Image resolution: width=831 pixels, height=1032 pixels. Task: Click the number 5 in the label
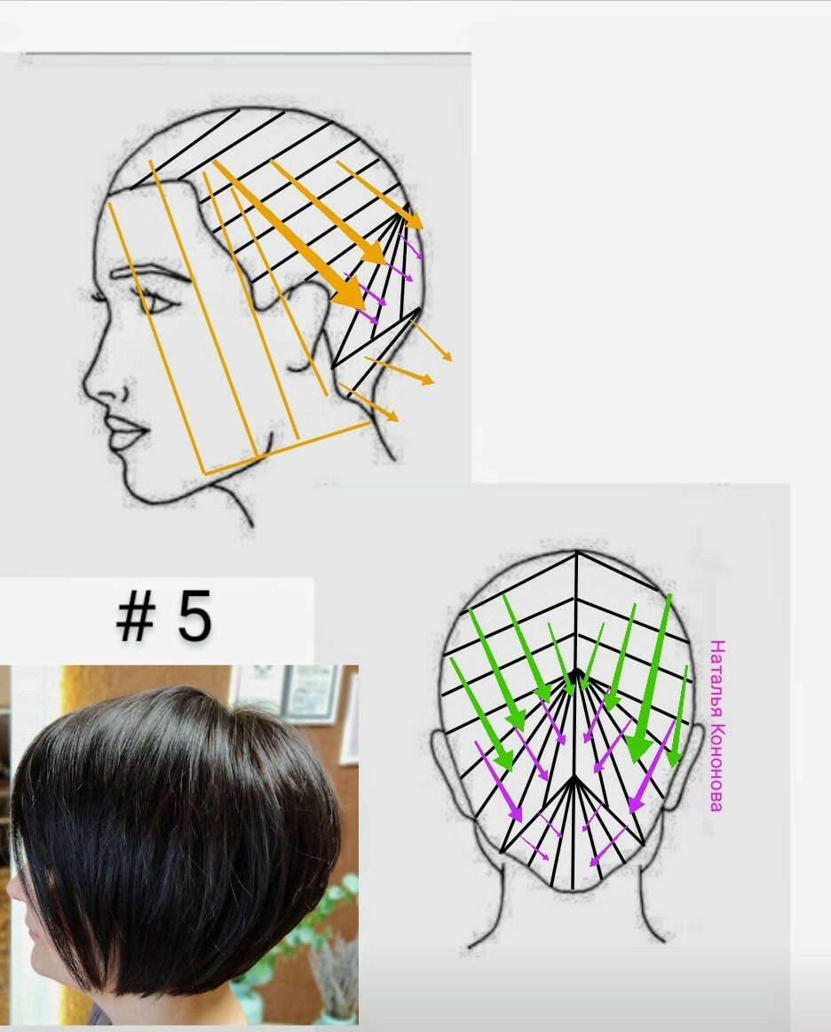[194, 616]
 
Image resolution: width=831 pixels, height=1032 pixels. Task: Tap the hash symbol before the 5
[136, 616]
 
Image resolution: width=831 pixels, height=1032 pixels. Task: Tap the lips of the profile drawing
[127, 432]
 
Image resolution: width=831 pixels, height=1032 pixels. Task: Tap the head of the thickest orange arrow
[350, 295]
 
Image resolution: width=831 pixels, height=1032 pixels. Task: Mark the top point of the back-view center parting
[576, 552]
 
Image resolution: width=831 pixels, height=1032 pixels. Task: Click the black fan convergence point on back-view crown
[576, 672]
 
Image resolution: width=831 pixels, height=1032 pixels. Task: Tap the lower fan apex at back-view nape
[574, 776]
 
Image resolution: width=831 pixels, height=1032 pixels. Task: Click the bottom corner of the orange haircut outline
[204, 472]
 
